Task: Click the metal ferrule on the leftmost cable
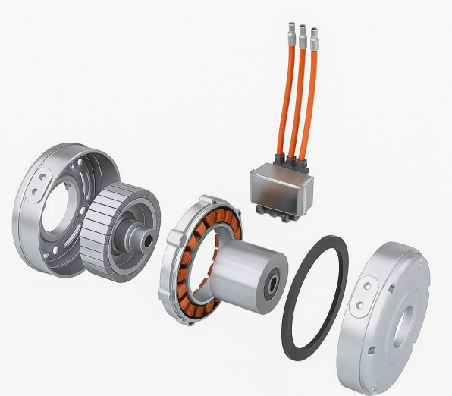pyautogui.click(x=288, y=33)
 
